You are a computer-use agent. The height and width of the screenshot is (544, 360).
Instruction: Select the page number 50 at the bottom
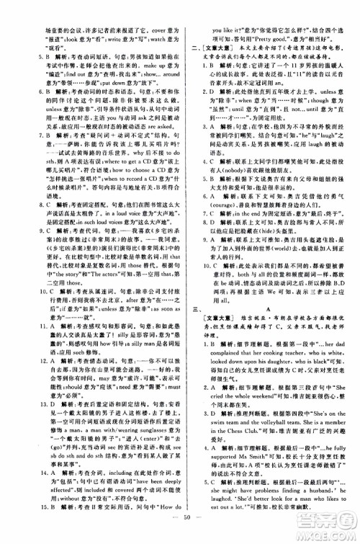point(180,534)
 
